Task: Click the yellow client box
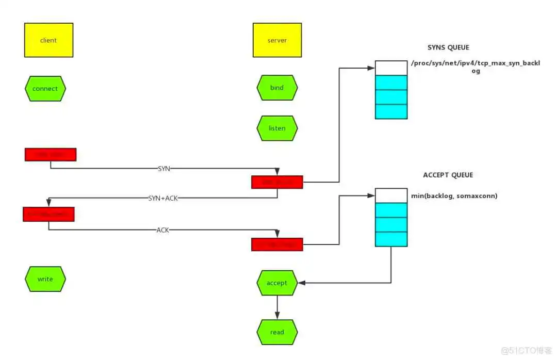pos(48,40)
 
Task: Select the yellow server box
pos(277,40)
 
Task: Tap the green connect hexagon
pos(45,89)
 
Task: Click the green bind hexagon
pos(277,88)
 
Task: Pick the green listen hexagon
pos(277,128)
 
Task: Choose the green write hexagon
pos(45,279)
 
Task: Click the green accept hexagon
pos(277,283)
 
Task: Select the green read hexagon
pos(277,332)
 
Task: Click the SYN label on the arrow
pos(163,169)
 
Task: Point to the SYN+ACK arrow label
pos(163,198)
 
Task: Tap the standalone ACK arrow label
pos(163,230)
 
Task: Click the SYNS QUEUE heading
pos(448,47)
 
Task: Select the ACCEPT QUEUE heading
pos(448,175)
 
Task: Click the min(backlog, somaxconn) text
pos(454,196)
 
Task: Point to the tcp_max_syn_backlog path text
pos(475,67)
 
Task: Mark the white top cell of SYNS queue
pos(391,68)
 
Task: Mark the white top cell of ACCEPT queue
pos(391,195)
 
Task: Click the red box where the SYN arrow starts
pos(51,155)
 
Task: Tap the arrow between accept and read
pos(277,307)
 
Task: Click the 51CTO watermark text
pos(526,350)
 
